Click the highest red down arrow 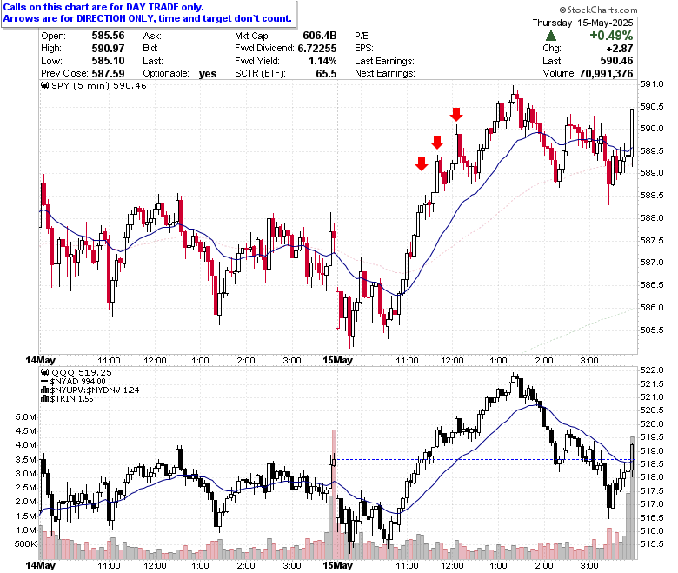(x=456, y=115)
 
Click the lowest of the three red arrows (x=422, y=163)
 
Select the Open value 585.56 (x=108, y=36)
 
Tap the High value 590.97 (x=108, y=48)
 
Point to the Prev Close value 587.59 (x=108, y=74)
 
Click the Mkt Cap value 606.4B (x=320, y=36)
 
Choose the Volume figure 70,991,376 (x=606, y=74)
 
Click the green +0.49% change (x=611, y=36)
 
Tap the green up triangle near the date (x=551, y=36)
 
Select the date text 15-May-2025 (x=605, y=23)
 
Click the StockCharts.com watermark (x=598, y=10)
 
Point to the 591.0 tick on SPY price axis (x=652, y=84)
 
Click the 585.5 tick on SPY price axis (x=652, y=330)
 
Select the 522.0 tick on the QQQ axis (x=652, y=370)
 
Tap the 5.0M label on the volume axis (x=25, y=417)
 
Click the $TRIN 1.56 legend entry (x=67, y=399)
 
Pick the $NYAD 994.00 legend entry (x=73, y=382)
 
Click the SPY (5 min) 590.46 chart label (x=94, y=85)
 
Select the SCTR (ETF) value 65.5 (x=326, y=74)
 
